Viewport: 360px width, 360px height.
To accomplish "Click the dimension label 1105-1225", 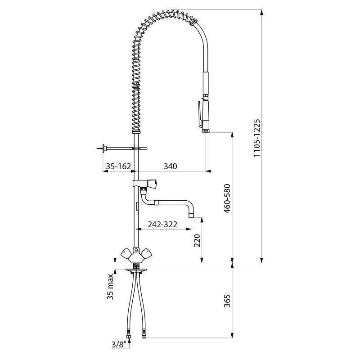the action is tap(257, 138).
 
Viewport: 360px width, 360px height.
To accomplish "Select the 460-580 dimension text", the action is tap(227, 198).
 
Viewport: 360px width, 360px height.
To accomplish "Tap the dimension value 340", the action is tap(171, 166).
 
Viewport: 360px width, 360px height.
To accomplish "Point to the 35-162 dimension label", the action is tap(118, 166).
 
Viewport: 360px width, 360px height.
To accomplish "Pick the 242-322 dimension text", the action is tap(162, 224).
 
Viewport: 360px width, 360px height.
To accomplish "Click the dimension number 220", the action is tap(197, 240).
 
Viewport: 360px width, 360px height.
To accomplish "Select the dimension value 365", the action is tap(227, 301).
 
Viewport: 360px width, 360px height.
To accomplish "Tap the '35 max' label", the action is tap(110, 287).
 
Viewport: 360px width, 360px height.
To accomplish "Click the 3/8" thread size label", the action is tap(119, 344).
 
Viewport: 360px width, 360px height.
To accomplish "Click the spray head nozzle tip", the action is tap(205, 130).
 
